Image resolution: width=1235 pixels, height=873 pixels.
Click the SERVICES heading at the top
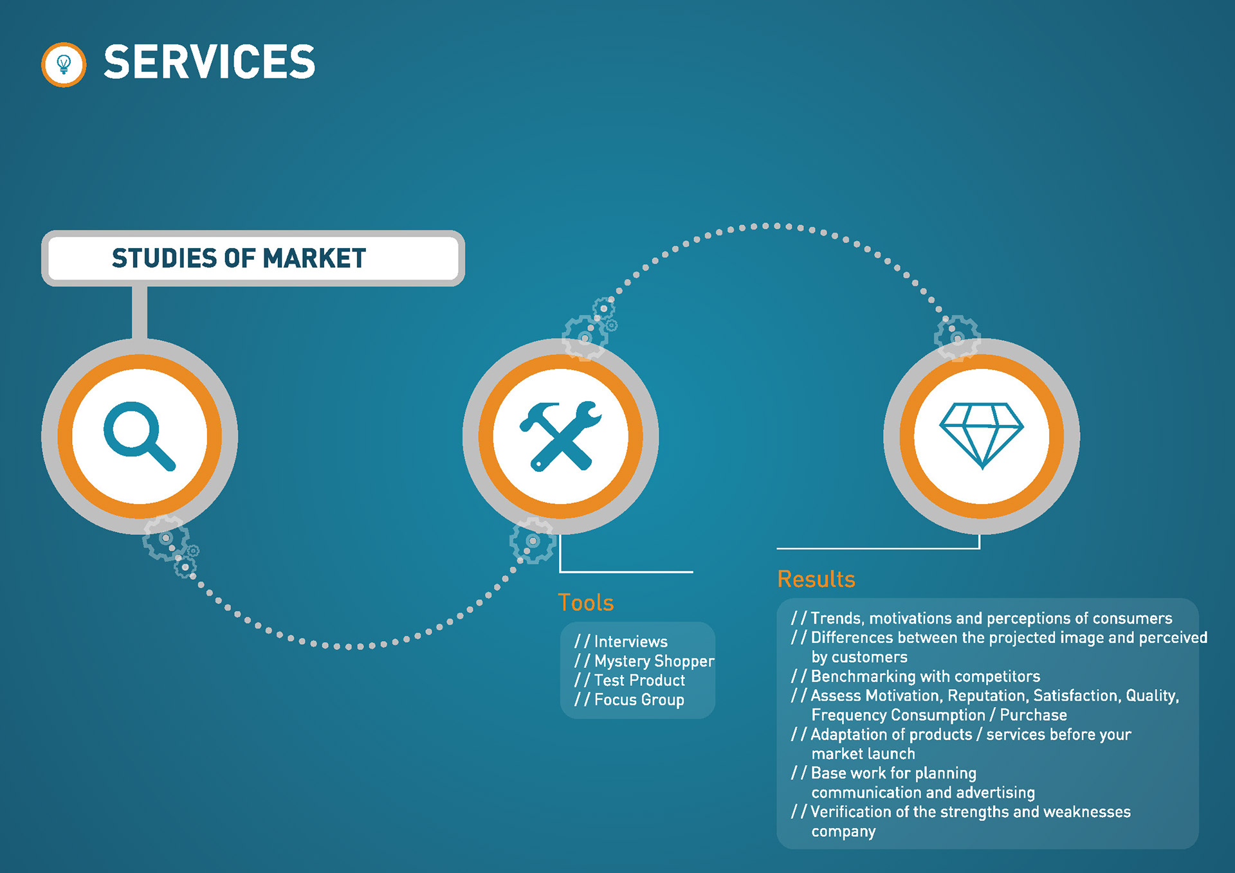210,62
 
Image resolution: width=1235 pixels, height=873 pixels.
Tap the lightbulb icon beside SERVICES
64,64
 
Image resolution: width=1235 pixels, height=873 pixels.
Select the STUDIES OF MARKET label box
253,258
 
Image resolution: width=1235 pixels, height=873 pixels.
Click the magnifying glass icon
140,436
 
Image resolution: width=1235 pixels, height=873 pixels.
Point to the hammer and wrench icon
560,436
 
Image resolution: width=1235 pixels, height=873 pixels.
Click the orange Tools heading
586,602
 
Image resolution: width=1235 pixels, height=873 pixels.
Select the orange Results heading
816,579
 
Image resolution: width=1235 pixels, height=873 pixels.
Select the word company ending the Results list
843,831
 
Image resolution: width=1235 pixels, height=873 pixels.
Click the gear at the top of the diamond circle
958,337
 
